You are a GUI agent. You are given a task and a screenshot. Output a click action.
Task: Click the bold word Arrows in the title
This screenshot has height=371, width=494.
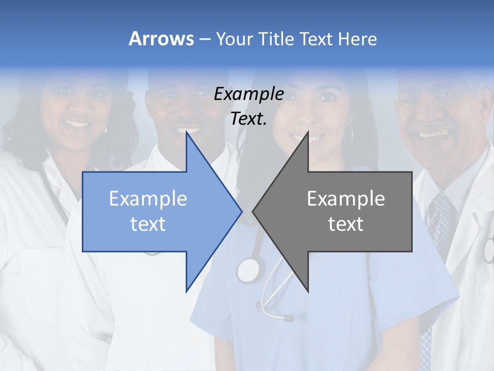pos(161,39)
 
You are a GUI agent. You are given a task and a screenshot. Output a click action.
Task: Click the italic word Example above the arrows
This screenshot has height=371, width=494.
pos(249,94)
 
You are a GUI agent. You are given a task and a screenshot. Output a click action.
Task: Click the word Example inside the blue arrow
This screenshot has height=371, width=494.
pos(148,198)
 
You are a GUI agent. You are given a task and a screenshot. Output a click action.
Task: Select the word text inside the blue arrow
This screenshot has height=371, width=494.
pos(148,224)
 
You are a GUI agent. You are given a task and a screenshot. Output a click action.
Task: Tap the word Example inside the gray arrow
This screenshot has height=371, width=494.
pos(346,198)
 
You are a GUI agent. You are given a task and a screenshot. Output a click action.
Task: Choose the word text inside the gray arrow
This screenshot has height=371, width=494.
pos(346,224)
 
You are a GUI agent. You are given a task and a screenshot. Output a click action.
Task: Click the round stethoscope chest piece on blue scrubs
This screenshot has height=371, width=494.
pos(249,269)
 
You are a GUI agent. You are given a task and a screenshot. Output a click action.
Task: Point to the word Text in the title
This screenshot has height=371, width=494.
pos(316,39)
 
